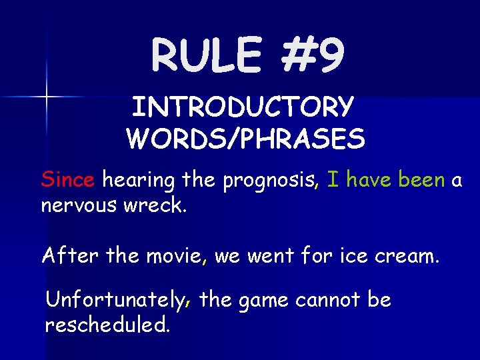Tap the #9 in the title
(311, 55)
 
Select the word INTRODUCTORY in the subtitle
(243, 107)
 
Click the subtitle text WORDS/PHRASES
(245, 139)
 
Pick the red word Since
(69, 179)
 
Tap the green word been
(421, 179)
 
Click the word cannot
(328, 300)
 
